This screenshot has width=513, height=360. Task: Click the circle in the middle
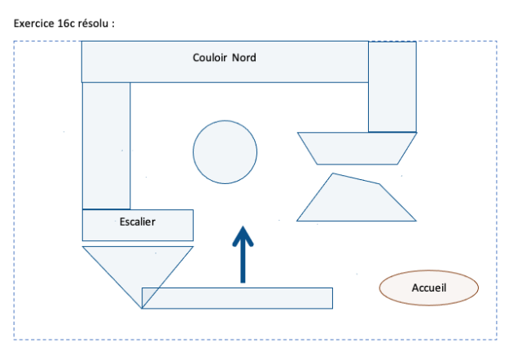coord(225,151)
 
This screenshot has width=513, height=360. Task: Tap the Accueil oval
coord(429,288)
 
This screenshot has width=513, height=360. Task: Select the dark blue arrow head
coord(243,236)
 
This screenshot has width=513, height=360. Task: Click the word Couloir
coord(210,58)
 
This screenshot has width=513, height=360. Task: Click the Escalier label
coord(138,221)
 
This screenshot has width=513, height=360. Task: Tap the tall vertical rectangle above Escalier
coord(106,145)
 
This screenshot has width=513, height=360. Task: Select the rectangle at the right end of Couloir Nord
coord(392,87)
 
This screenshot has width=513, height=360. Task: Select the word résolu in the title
coord(94,23)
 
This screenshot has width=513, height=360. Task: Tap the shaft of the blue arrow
coord(243,265)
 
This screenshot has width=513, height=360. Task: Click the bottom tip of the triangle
coord(142,308)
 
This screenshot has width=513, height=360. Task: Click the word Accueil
coord(429,288)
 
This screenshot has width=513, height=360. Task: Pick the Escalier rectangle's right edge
coord(193,225)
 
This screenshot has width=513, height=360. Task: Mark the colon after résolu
coord(113,24)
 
